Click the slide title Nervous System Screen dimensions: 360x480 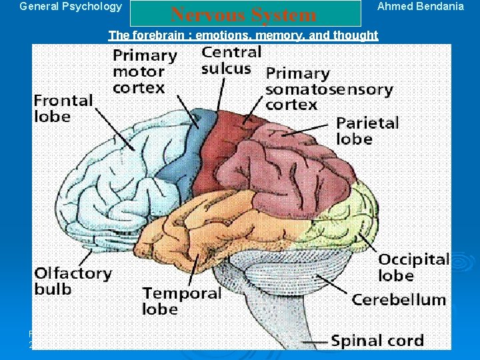(x=243, y=15)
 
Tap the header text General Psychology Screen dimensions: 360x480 (x=71, y=7)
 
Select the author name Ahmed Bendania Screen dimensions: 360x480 (x=420, y=7)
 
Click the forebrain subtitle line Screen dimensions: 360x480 (x=243, y=35)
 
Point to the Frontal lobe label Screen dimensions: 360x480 (x=63, y=108)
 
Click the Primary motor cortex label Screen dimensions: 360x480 (x=145, y=71)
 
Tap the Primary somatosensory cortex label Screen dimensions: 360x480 (x=329, y=89)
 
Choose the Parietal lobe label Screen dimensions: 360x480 (x=367, y=131)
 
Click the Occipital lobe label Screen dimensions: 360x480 (x=414, y=267)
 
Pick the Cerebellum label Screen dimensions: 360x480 (x=399, y=299)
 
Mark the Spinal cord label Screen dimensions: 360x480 (x=377, y=341)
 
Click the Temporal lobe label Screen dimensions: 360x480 (x=181, y=301)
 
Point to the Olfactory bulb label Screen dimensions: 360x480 (x=73, y=281)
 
